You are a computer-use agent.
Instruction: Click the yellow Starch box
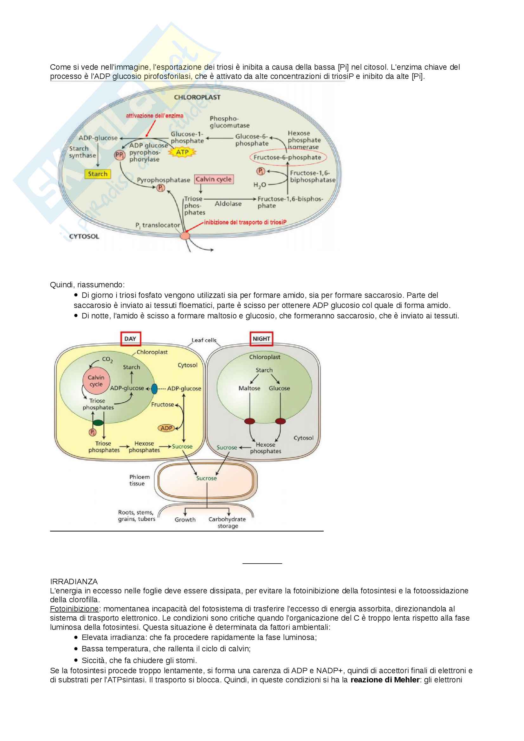[x=98, y=174]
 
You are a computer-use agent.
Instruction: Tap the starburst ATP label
[x=182, y=152]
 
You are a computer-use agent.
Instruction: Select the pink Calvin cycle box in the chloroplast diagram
[x=213, y=179]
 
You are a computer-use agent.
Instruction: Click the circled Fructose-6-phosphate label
[x=287, y=157]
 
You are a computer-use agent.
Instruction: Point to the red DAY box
[x=130, y=339]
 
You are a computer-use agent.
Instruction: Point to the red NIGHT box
[x=261, y=339]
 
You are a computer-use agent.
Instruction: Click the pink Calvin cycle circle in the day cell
[x=96, y=381]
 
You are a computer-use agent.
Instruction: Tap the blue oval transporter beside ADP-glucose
[x=154, y=389]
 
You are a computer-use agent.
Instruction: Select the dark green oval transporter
[x=98, y=423]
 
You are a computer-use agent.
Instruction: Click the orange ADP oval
[x=166, y=428]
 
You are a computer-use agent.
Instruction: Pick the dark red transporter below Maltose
[x=249, y=421]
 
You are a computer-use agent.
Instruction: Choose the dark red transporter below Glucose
[x=280, y=421]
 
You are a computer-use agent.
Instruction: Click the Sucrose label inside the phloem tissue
[x=206, y=478]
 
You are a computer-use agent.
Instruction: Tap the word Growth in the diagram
[x=185, y=520]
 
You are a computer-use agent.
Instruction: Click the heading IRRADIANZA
[x=74, y=582]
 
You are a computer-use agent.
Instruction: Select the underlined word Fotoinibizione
[x=74, y=609]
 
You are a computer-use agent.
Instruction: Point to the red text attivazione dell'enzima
[x=154, y=116]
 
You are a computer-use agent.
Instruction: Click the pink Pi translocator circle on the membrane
[x=185, y=236]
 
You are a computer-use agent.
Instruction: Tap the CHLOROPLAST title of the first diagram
[x=197, y=98]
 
